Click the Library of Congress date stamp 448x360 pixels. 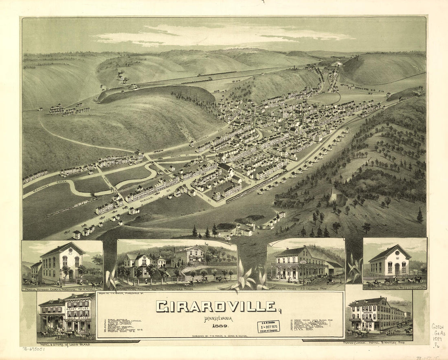click(x=268, y=327)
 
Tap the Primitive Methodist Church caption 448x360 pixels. click(x=61, y=288)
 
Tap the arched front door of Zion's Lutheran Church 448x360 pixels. click(x=397, y=269)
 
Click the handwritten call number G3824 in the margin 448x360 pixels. click(x=438, y=327)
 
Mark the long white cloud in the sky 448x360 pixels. click(x=220, y=35)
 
